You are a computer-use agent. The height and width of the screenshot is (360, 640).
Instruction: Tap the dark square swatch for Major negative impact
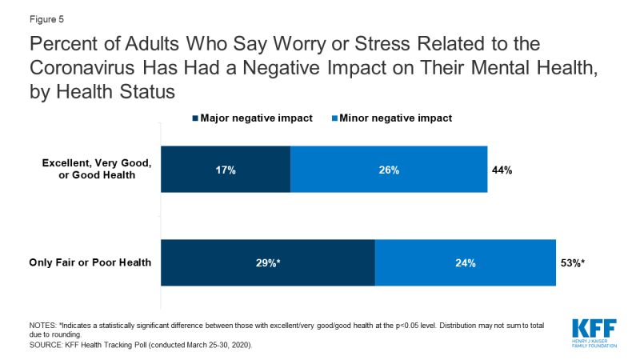click(x=194, y=118)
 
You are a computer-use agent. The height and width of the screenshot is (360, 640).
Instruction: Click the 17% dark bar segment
click(x=226, y=170)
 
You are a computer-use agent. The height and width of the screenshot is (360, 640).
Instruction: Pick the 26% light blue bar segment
click(x=389, y=170)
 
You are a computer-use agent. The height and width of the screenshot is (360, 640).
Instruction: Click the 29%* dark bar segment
click(x=268, y=262)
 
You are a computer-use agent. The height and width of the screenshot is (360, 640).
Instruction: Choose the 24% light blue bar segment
click(x=466, y=262)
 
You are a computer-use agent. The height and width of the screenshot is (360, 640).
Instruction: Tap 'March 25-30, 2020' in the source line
click(x=221, y=344)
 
